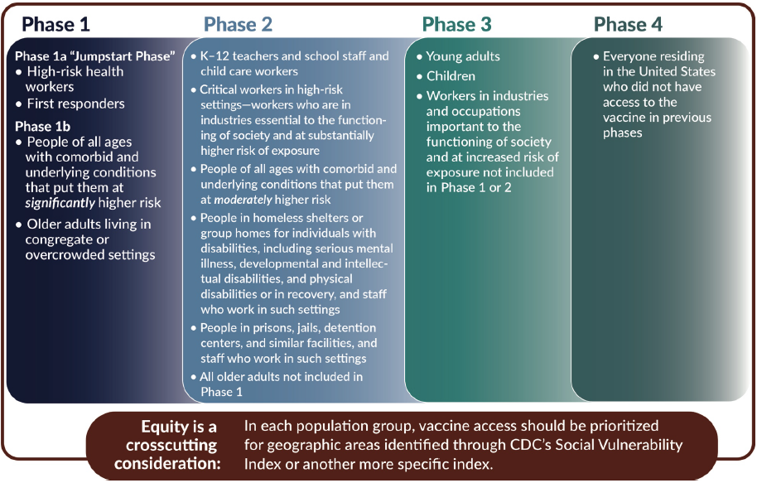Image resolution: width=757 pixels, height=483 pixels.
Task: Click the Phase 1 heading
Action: [x=55, y=25]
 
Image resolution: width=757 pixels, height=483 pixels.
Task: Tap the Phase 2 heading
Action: [x=238, y=25]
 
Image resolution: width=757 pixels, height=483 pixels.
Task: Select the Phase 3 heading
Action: [x=456, y=25]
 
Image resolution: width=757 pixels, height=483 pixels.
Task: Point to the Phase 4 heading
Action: [x=628, y=25]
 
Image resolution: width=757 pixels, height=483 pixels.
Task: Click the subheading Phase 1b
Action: [x=42, y=127]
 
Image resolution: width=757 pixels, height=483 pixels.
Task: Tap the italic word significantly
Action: [x=60, y=203]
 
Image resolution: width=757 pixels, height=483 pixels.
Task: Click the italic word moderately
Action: [x=243, y=200]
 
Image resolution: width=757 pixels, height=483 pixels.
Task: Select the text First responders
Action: [x=76, y=104]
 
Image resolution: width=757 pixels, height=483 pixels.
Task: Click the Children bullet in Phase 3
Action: [x=451, y=76]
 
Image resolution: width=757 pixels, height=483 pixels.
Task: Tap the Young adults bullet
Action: [x=463, y=56]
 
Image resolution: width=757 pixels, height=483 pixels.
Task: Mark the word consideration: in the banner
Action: [x=167, y=464]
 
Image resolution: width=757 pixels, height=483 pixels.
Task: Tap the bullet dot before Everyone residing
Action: [x=596, y=57]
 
